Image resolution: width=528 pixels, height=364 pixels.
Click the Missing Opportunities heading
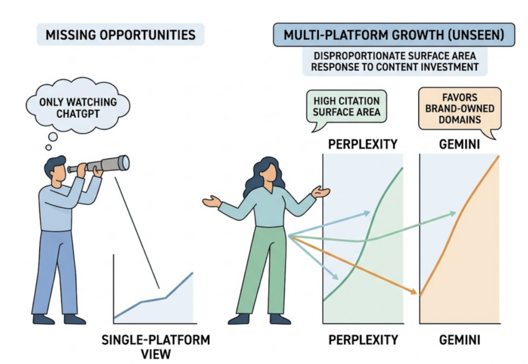120,35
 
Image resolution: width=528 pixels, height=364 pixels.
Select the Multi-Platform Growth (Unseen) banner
393,35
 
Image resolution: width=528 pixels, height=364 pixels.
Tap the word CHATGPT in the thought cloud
78,114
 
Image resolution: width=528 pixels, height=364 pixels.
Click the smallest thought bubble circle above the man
48,147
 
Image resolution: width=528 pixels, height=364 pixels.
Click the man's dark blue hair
55,164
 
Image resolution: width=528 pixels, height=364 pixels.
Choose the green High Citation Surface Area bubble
346,107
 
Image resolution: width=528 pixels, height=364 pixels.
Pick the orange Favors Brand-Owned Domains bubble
459,109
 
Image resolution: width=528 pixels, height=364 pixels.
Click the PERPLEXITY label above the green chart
363,144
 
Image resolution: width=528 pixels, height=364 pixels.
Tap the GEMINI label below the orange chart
459,340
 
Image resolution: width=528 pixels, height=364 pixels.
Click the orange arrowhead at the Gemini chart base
414,292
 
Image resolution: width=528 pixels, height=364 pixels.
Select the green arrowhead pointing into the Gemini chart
452,213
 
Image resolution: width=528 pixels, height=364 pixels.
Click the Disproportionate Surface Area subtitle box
394,62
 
